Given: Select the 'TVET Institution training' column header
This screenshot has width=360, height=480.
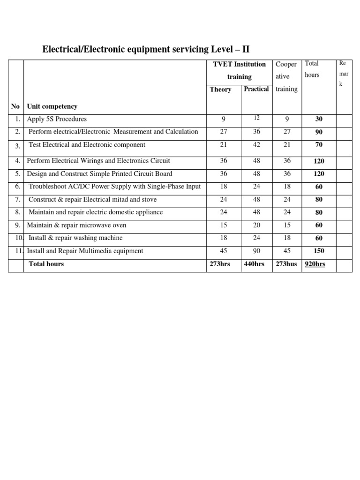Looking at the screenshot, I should [x=239, y=70].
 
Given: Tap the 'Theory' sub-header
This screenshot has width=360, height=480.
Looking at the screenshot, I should [x=220, y=89].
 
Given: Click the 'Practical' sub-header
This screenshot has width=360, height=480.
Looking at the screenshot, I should [x=256, y=89].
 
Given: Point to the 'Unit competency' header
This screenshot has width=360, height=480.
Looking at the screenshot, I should [x=52, y=106].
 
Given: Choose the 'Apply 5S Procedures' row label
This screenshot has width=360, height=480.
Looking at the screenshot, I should [x=57, y=119].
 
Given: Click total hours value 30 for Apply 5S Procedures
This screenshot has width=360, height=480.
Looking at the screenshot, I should [x=319, y=120].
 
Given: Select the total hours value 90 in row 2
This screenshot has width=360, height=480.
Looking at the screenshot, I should [x=319, y=132].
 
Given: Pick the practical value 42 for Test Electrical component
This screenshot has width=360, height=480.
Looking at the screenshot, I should [x=256, y=145].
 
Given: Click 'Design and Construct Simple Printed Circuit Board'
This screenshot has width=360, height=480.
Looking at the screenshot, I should [x=100, y=173].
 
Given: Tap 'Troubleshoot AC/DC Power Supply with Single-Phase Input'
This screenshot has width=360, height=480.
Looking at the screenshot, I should [x=114, y=187].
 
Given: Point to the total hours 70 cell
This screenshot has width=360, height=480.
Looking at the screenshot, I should [x=319, y=145].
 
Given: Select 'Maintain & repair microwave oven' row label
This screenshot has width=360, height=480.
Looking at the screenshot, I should [x=76, y=225].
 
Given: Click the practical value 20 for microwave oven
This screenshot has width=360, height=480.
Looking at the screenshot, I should [x=256, y=225].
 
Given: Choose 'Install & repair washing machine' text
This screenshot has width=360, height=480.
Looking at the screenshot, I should [x=75, y=238].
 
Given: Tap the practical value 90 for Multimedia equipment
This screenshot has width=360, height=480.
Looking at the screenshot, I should [x=256, y=251].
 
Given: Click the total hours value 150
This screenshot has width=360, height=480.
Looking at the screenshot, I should [x=319, y=251].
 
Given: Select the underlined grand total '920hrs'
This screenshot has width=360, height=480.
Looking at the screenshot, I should [x=315, y=264].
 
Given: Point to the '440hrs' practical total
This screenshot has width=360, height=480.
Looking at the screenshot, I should [x=254, y=264].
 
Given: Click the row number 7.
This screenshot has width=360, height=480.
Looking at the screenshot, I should [x=16, y=200].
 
